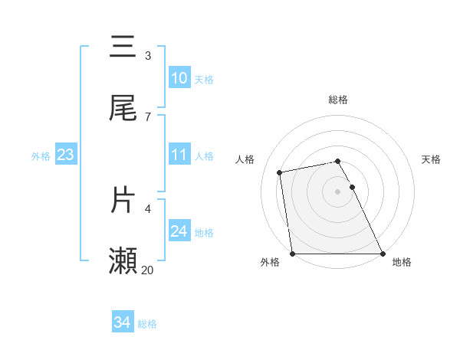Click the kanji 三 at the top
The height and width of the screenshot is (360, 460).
point(123,47)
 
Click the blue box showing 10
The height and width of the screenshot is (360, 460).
point(179,78)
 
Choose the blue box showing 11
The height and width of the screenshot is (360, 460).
point(179,155)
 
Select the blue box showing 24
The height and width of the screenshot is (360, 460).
point(179,231)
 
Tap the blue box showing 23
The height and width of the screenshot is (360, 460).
point(65,155)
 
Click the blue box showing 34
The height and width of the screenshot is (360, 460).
point(122,323)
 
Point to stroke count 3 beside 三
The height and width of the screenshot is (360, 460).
point(148,56)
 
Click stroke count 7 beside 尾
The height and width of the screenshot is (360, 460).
point(148,117)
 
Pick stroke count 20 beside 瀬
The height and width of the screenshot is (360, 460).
point(148,270)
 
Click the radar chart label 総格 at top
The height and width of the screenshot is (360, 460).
point(338,100)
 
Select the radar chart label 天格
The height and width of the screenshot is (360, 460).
point(432,159)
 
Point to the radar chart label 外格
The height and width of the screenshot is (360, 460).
point(270,263)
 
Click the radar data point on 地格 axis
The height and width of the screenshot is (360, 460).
point(383,254)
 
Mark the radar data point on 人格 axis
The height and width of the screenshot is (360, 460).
point(281,172)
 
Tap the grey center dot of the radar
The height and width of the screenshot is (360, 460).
point(338,191)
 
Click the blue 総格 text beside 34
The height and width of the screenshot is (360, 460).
point(147,324)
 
